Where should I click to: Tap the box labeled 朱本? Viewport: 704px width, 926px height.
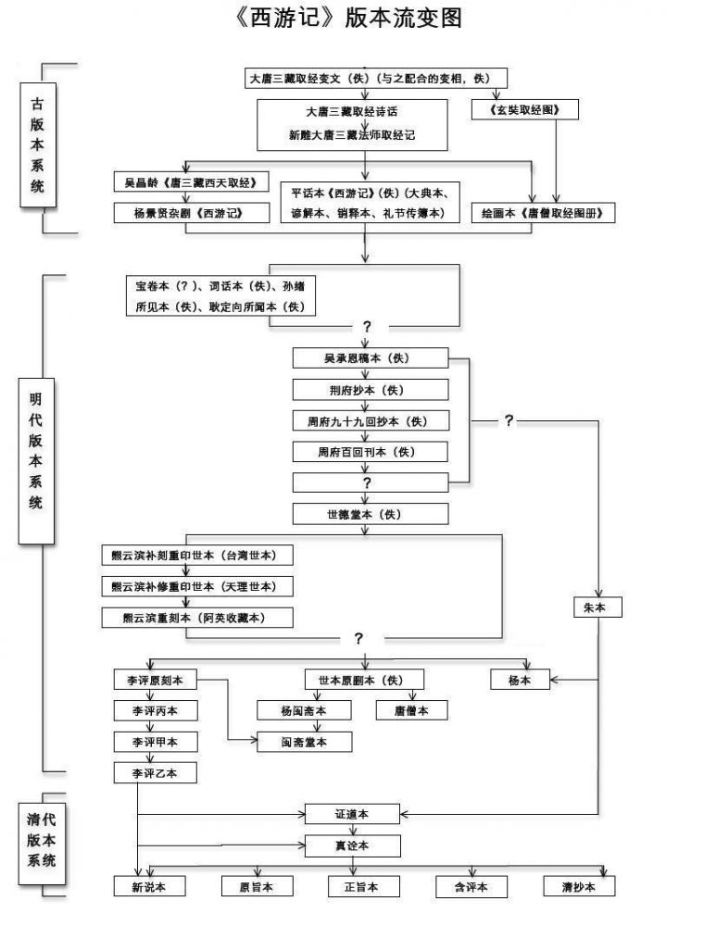597,607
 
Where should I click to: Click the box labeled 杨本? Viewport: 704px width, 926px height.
521,680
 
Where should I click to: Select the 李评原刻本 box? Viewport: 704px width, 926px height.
155,680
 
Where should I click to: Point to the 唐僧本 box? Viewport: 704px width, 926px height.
411,710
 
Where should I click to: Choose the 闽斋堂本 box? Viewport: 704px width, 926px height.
305,742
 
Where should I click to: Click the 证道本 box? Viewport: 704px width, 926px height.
352,814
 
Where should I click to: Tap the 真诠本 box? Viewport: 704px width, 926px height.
352,845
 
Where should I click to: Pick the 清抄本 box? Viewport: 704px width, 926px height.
580,886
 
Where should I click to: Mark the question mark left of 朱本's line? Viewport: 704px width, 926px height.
509,420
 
